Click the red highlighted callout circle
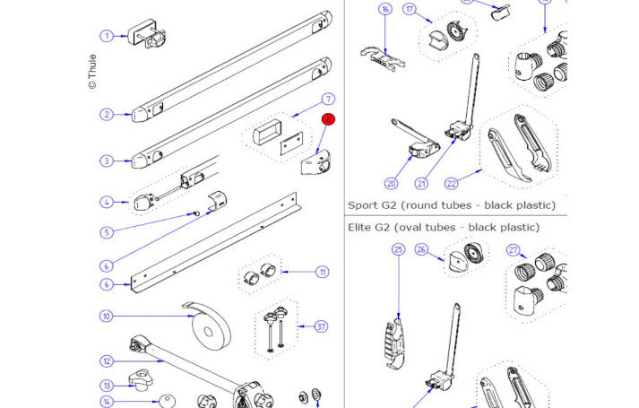[328, 118]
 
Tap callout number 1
[107, 36]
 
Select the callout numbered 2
[106, 115]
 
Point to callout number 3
[106, 161]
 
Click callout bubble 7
[328, 99]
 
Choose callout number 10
[106, 316]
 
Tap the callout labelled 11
[322, 272]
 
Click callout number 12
[106, 361]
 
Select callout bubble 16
[385, 10]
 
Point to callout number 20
[391, 184]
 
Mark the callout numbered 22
[451, 184]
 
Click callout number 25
[399, 250]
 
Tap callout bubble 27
[514, 250]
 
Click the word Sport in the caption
[363, 205]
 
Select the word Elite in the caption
[361, 228]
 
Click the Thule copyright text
[92, 73]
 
